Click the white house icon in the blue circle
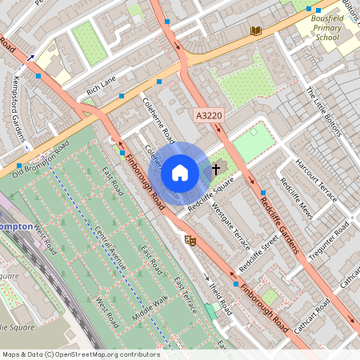click(x=180, y=172)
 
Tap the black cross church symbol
click(x=215, y=170)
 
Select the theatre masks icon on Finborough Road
click(x=190, y=239)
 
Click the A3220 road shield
click(x=208, y=117)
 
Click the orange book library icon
click(x=256, y=31)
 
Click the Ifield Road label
click(x=219, y=296)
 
